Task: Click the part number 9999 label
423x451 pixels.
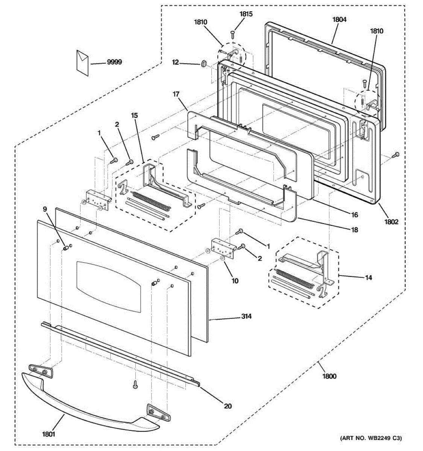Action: click(x=114, y=62)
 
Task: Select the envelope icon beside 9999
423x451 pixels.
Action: click(x=82, y=62)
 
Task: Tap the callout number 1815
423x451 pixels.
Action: click(x=246, y=14)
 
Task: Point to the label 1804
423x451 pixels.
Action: click(x=339, y=20)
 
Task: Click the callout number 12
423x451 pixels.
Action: click(x=175, y=62)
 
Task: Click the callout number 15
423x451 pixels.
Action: click(x=134, y=115)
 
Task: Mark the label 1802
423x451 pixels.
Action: click(x=391, y=222)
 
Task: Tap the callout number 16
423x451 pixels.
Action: click(x=355, y=215)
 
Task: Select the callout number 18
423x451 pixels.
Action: click(x=354, y=230)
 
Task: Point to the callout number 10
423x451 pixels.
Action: click(x=235, y=280)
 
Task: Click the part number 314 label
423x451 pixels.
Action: click(x=246, y=316)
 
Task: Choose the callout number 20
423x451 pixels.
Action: click(x=228, y=406)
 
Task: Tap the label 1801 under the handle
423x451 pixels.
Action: click(x=49, y=434)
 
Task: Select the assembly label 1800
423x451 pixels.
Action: click(x=329, y=376)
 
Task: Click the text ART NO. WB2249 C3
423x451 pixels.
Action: click(x=371, y=438)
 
